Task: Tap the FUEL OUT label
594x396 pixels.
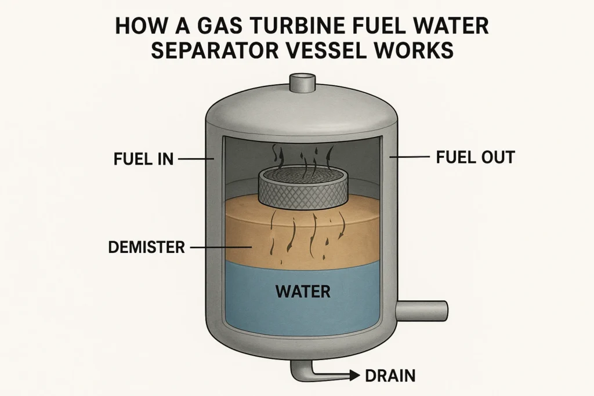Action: (x=475, y=157)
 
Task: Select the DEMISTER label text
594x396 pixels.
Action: (x=146, y=248)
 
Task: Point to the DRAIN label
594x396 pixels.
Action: (x=390, y=376)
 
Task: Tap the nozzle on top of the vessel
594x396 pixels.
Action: (x=301, y=82)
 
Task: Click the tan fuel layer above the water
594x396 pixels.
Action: (x=348, y=232)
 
